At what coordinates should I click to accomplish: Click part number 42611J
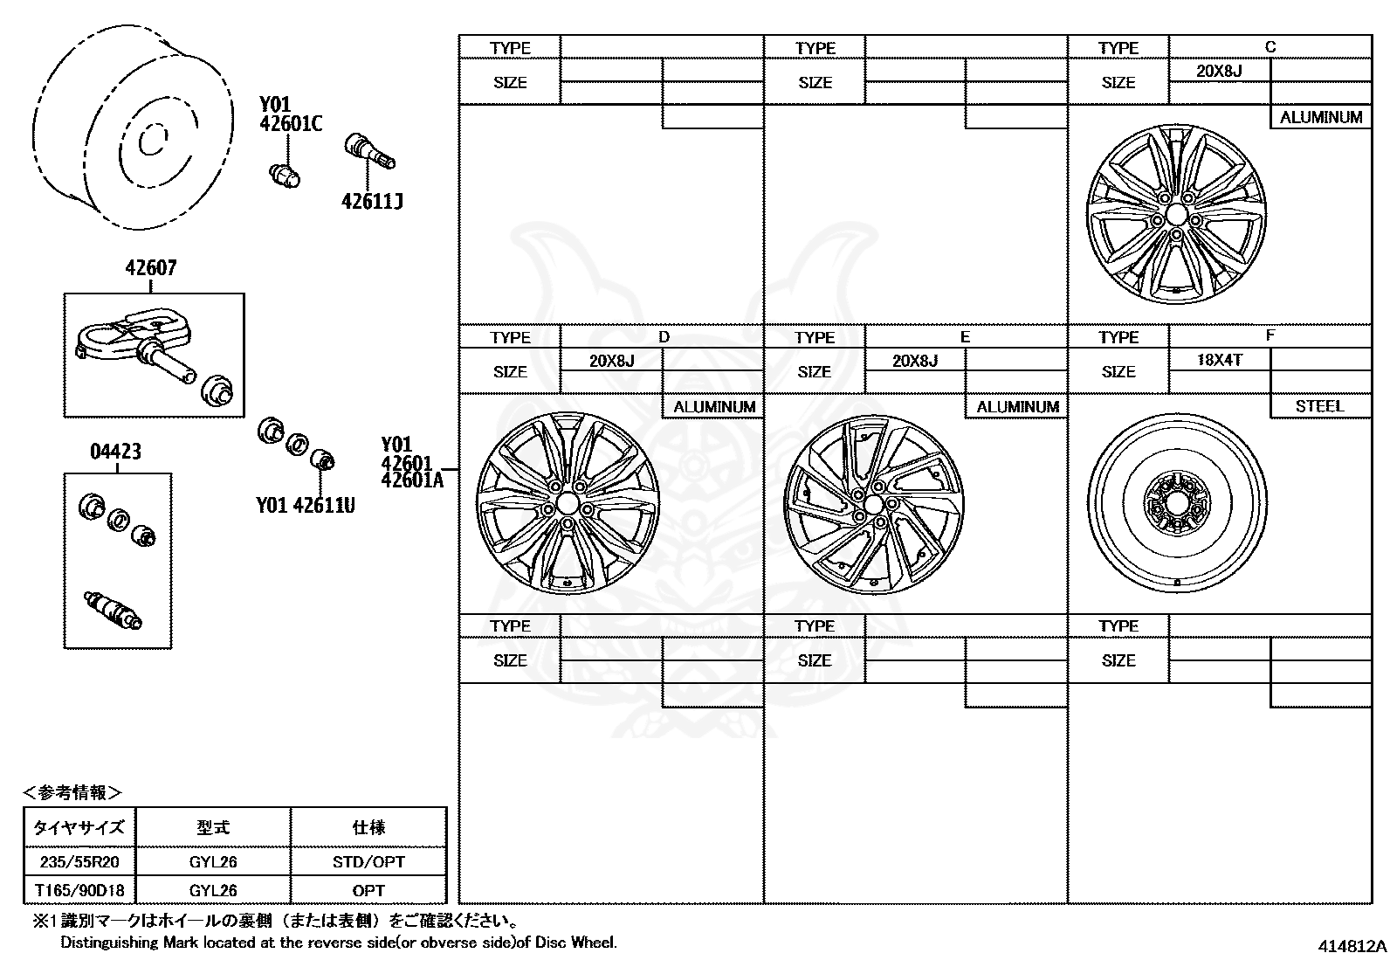372,202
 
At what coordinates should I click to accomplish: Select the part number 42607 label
150,268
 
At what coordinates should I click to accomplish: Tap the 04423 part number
115,452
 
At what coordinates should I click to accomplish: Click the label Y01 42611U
306,506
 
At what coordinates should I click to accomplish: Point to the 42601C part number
291,124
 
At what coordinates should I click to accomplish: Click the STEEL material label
1319,406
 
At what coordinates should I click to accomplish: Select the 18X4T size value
1219,360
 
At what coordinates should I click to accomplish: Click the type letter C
1270,47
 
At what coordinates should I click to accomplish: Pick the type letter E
965,337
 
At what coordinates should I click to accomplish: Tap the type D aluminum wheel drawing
568,504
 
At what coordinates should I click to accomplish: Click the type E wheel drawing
873,504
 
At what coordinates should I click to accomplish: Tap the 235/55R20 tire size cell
79,862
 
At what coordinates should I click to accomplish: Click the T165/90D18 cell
79,890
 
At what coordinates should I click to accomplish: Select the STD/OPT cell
368,862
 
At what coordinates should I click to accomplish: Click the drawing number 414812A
1352,946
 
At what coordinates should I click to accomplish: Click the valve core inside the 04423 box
112,610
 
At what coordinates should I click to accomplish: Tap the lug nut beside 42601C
283,175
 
